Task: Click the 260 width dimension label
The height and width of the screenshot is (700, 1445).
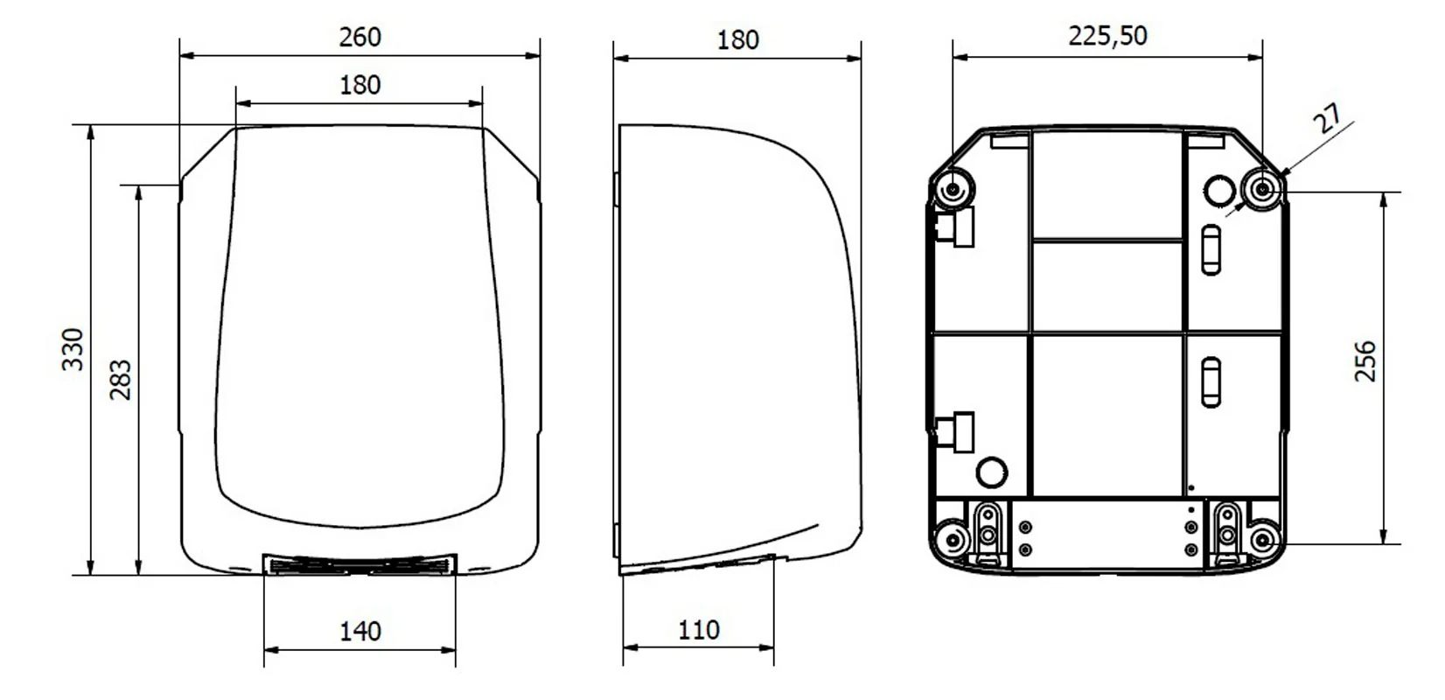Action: [360, 38]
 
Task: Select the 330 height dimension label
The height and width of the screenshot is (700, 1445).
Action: [73, 350]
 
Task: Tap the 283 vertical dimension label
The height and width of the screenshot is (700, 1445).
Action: [121, 380]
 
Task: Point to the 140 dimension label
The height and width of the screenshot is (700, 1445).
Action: [360, 631]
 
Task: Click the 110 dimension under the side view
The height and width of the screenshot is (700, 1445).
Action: [699, 630]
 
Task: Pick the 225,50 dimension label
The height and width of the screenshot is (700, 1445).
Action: [1107, 36]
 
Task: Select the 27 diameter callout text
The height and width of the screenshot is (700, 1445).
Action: [1328, 119]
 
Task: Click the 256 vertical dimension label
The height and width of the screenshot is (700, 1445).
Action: [1365, 362]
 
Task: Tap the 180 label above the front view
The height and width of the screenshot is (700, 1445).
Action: [360, 85]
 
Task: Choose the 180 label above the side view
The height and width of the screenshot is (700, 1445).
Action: [738, 40]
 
